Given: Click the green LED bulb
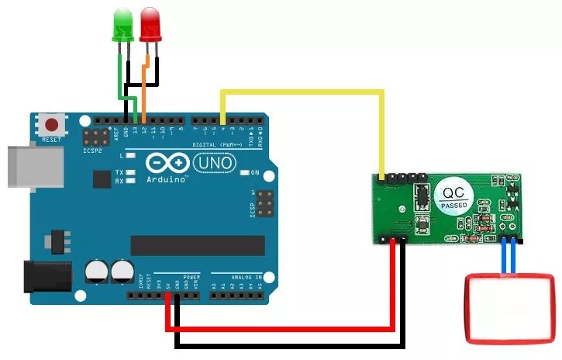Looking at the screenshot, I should (123, 23).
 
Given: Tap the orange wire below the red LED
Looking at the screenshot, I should (144, 85).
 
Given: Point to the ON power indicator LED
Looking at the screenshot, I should (244, 172).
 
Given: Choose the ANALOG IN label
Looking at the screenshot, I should (247, 275).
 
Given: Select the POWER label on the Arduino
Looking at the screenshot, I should (191, 275).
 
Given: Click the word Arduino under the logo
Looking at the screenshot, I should (167, 179).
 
